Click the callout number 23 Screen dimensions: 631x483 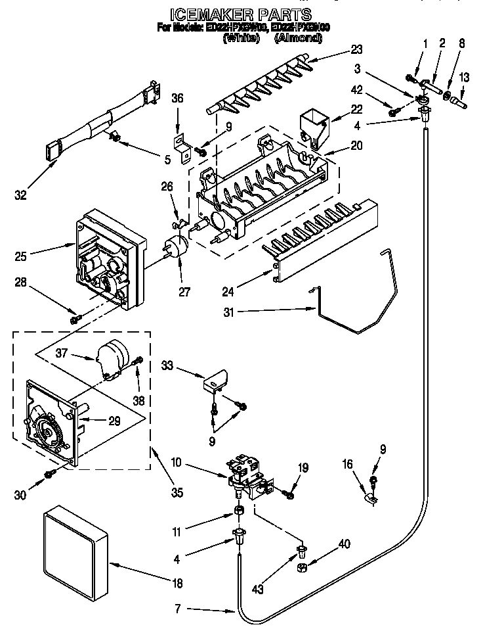356,49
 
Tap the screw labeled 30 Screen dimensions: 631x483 49,474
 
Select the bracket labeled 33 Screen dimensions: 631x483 216,381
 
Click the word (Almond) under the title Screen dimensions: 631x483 298,39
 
